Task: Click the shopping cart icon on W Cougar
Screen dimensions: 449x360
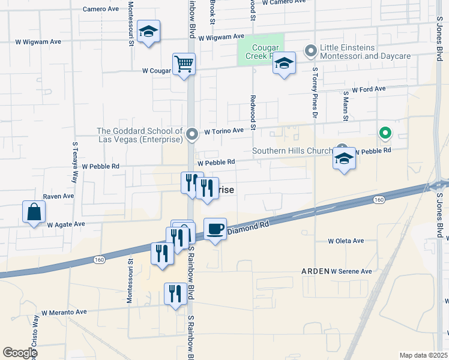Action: [184, 64]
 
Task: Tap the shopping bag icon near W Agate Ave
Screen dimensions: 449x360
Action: [34, 212]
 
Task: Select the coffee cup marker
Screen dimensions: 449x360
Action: [215, 229]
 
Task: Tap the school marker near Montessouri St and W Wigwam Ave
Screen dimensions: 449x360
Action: [148, 32]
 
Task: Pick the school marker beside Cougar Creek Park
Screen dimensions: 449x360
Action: [285, 63]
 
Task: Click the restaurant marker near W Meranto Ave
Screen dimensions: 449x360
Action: [175, 294]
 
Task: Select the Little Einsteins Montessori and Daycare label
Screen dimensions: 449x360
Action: [365, 52]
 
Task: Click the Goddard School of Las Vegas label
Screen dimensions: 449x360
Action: [139, 135]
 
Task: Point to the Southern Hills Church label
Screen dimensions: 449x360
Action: [292, 151]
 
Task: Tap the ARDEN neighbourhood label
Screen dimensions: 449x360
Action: [315, 271]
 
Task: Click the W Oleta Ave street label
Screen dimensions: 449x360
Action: [346, 241]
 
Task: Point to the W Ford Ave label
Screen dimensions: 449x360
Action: [369, 89]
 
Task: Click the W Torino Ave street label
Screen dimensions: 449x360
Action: [223, 131]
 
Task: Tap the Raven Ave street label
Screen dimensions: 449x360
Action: [58, 196]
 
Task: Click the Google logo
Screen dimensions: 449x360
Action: [20, 353]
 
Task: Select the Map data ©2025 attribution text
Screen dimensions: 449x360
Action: [423, 355]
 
